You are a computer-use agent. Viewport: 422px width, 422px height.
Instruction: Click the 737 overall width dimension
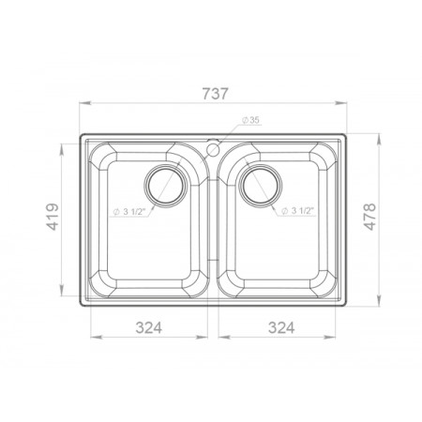pos(216,94)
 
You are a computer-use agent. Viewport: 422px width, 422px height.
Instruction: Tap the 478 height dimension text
pos(370,217)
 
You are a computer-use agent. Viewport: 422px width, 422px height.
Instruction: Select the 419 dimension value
pos(53,217)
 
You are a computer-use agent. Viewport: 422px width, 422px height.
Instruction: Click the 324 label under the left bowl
pos(149,327)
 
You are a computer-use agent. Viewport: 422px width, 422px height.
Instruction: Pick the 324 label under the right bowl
pos(281,327)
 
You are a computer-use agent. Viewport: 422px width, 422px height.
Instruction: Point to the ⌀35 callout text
pos(250,120)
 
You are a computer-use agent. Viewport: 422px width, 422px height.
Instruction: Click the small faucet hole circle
pos(213,149)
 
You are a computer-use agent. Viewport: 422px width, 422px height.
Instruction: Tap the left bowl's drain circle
pos(166,186)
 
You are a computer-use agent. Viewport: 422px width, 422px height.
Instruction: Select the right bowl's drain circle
pos(261,186)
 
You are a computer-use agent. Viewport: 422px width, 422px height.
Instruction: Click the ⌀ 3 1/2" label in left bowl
pos(129,212)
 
